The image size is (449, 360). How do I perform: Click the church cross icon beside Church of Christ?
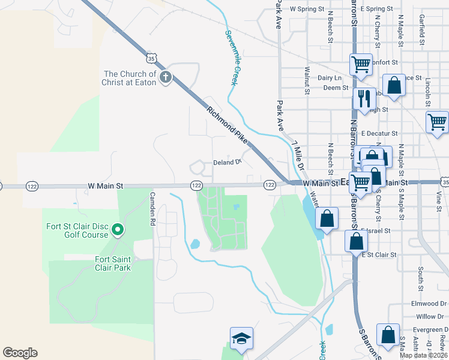click(x=165, y=77)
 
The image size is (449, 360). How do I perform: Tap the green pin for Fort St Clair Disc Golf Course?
click(x=118, y=229)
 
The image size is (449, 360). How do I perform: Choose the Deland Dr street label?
click(x=227, y=162)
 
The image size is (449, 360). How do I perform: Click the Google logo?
click(x=20, y=352)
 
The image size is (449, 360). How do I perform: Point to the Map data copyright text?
click(x=424, y=355)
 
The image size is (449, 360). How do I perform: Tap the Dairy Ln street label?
click(x=330, y=78)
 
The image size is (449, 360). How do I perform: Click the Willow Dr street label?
click(x=430, y=316)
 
